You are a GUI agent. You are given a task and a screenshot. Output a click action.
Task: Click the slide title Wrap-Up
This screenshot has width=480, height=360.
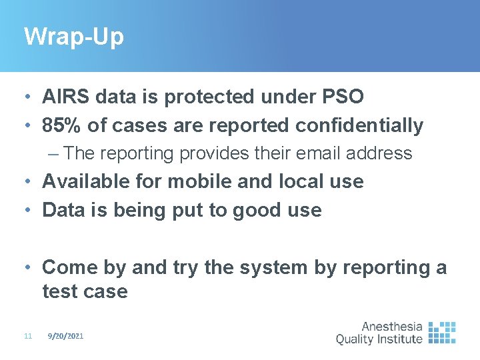[73, 37]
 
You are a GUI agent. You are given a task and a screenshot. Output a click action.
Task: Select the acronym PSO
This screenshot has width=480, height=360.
[341, 97]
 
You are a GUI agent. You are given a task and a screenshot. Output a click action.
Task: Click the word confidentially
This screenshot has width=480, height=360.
[357, 125]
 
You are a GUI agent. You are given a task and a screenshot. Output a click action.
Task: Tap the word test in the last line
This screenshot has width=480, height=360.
[61, 291]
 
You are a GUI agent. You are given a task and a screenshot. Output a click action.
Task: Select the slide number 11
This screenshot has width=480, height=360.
[27, 337]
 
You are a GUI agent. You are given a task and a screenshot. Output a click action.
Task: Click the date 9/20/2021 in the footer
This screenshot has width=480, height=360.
[65, 337]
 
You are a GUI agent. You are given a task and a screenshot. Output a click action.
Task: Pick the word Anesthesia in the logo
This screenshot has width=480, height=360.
[392, 327]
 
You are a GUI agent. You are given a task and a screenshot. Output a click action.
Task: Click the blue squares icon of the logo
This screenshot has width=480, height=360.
[442, 332]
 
